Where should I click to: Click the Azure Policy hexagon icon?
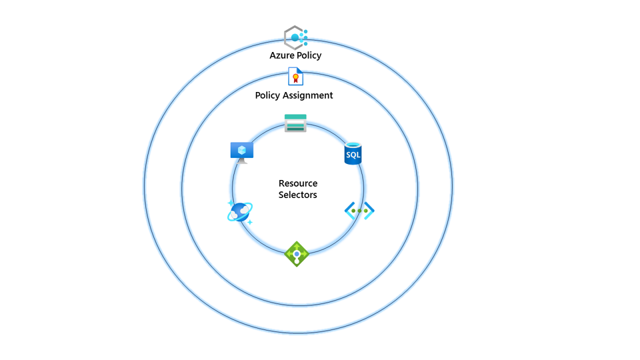coord(295,37)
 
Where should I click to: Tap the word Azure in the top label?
coord(281,55)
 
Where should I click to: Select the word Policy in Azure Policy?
coord(309,55)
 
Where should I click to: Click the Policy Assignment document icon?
coord(295,77)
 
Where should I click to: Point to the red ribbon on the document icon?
coord(296,79)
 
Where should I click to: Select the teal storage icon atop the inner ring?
coord(295,123)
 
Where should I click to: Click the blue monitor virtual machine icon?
coord(241,152)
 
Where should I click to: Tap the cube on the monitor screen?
coord(241,150)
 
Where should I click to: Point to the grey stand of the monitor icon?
coord(241,161)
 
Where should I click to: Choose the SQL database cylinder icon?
coord(353,154)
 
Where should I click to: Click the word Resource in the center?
coord(298,183)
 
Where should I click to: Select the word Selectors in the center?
coord(298,195)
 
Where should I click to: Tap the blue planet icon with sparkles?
coord(239,212)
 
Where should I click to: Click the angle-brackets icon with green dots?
coord(359,211)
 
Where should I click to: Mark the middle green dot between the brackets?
coord(359,211)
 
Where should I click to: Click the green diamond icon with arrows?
coord(297,254)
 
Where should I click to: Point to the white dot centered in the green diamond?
coord(297,254)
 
